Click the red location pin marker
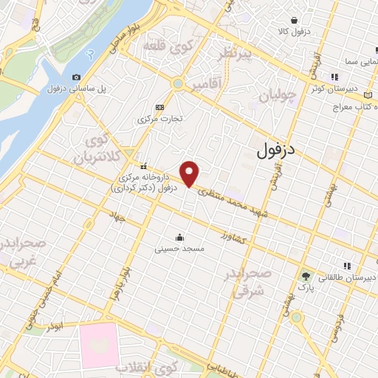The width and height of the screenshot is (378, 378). point(190,173)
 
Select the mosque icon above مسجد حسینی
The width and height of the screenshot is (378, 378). point(179,237)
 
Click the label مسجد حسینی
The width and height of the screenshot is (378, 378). point(179,250)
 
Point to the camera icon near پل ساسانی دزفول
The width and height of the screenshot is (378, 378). point(77,77)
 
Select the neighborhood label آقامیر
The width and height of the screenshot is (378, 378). point(205,86)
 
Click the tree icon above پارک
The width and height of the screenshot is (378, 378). point(304,275)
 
